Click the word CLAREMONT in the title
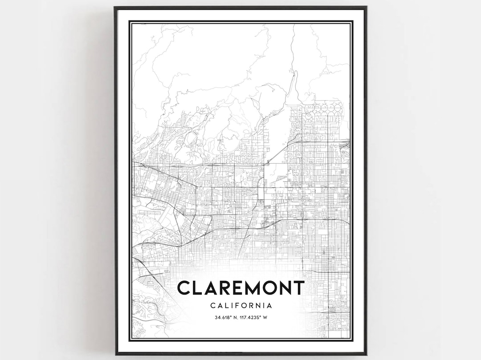pos(240,288)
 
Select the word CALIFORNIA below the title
pos(240,306)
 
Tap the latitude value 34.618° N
pos(225,317)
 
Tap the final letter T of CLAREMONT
pos(298,288)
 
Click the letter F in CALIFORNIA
pos(236,306)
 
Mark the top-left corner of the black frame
pos(115,7)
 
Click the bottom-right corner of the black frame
pos(366,354)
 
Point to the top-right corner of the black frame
pos(366,7)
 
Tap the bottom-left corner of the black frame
pos(115,354)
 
